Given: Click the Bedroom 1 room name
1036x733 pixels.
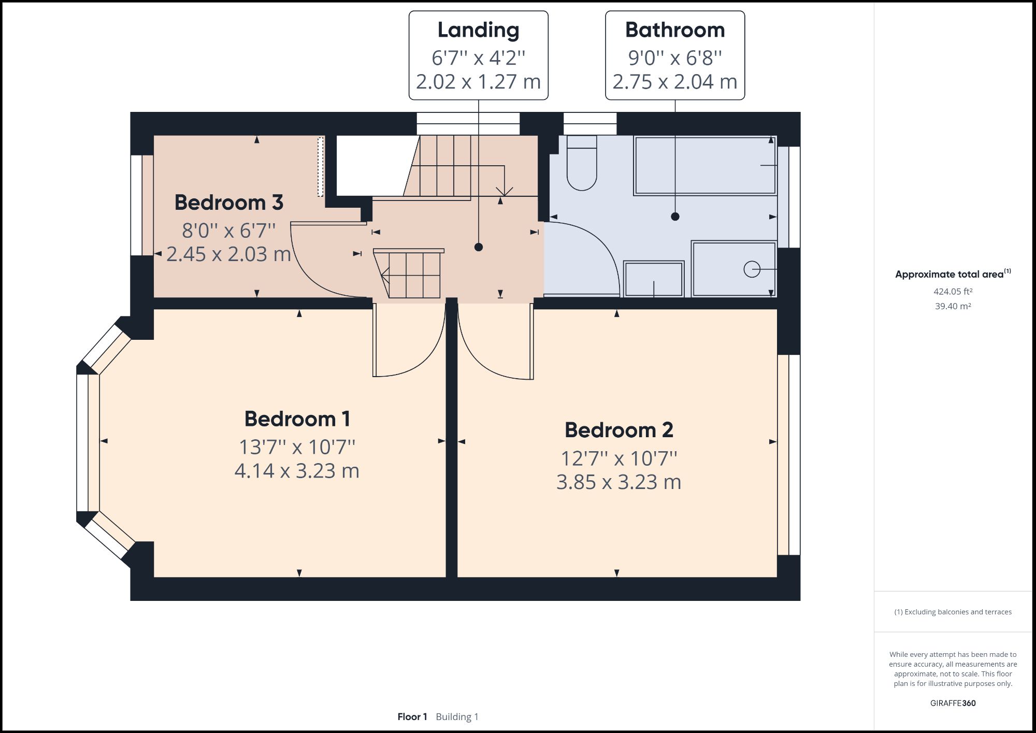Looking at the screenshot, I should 297,419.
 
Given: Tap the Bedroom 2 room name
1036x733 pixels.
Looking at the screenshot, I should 618,430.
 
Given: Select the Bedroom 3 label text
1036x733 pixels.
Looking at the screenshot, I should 228,203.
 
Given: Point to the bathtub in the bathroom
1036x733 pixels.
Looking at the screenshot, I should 704,166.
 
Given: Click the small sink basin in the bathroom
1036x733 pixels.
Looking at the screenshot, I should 653,279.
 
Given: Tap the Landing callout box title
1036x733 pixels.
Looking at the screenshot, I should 478,30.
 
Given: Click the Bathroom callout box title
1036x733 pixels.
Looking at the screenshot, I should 674,30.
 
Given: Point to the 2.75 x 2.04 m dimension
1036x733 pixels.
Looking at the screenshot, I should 674,82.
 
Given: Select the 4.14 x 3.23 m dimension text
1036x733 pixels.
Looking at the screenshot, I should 297,471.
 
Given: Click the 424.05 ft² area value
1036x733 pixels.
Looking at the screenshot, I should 953,292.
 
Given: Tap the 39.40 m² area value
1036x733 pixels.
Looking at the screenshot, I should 953,306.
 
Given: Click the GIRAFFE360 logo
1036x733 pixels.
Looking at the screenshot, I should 953,703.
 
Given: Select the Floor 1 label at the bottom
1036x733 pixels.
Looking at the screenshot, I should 412,717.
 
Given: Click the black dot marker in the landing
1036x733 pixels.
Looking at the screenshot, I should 479,247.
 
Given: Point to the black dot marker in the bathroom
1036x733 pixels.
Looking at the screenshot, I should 675,217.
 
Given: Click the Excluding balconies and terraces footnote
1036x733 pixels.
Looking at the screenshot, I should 953,612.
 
